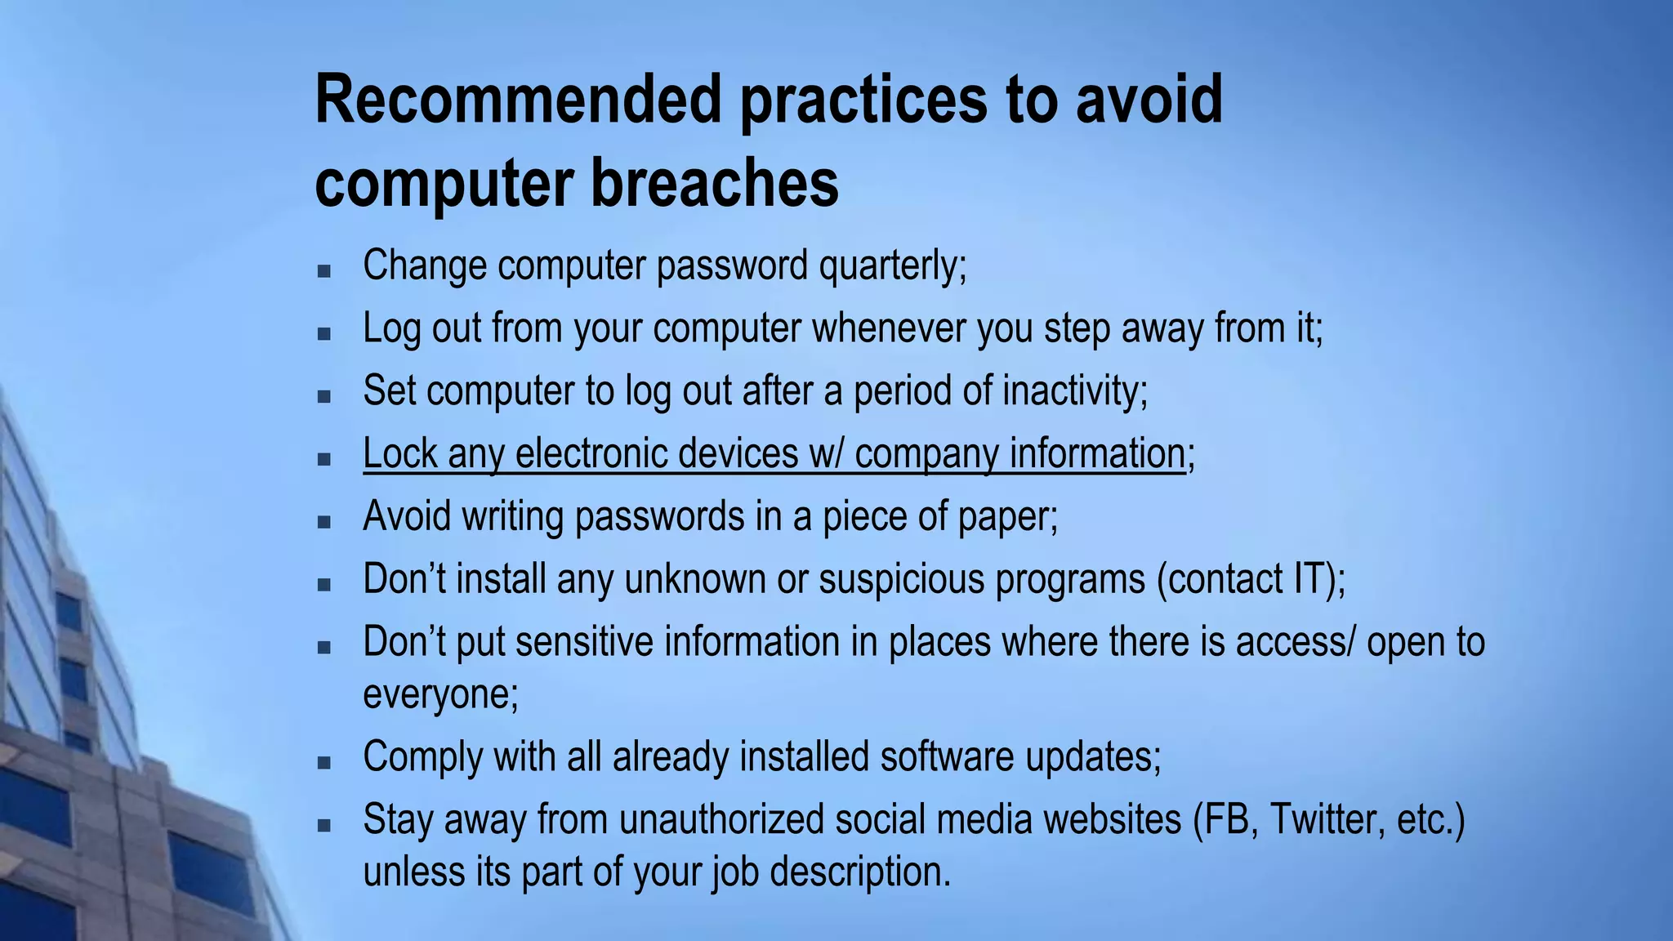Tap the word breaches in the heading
(x=715, y=183)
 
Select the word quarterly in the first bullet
(x=892, y=266)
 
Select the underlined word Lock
(x=399, y=453)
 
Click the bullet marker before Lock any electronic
(x=324, y=459)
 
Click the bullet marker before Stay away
(x=324, y=825)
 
